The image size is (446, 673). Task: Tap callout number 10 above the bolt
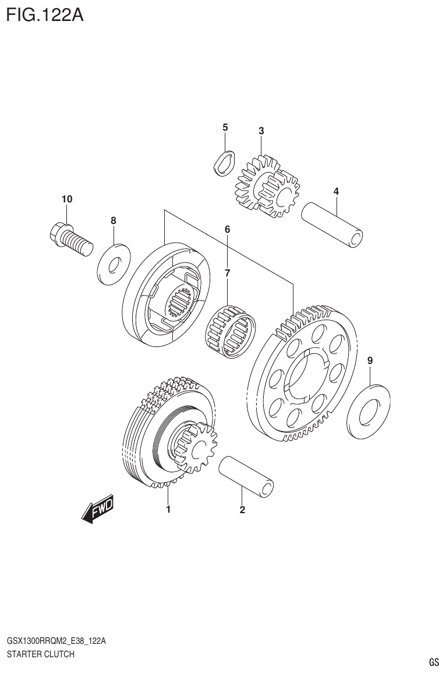pyautogui.click(x=67, y=199)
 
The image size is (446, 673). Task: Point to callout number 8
pyautogui.click(x=114, y=220)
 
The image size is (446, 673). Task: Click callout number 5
pyautogui.click(x=225, y=127)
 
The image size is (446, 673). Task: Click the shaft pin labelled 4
pyautogui.click(x=332, y=225)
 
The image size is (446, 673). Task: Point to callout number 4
pyautogui.click(x=336, y=191)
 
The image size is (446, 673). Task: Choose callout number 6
pyautogui.click(x=227, y=230)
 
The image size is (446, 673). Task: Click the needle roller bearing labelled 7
pyautogui.click(x=232, y=331)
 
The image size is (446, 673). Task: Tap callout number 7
pyautogui.click(x=227, y=272)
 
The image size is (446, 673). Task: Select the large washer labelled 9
pyautogui.click(x=368, y=412)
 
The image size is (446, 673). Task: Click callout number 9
pyautogui.click(x=370, y=362)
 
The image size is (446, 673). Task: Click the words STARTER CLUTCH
pyautogui.click(x=40, y=654)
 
